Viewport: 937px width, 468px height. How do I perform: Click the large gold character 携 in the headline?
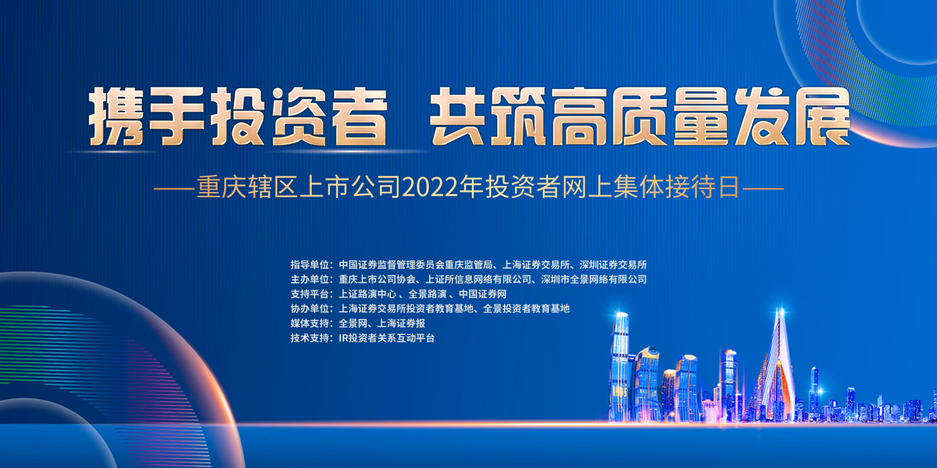pos(116,116)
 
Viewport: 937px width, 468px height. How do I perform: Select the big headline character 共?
pos(458,116)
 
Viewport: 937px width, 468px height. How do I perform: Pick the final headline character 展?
pos(822,116)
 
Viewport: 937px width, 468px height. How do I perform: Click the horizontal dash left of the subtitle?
pos(174,189)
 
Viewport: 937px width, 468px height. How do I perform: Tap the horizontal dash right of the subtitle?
pos(762,189)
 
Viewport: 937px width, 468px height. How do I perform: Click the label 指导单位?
pos(309,265)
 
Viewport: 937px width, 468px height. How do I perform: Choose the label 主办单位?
pos(309,279)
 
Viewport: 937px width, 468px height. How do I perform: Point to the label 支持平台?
pos(309,294)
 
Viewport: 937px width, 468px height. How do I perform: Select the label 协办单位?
pos(309,308)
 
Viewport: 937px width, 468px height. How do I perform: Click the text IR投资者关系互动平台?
pos(387,338)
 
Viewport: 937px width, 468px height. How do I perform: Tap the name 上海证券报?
pos(401,323)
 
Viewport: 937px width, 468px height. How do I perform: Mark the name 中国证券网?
pos(483,294)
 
